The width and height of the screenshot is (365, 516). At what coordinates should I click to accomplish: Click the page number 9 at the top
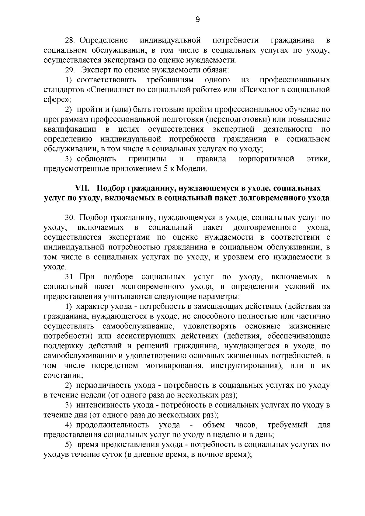click(197, 20)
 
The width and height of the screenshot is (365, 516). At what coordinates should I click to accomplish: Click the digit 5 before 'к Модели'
click(162, 169)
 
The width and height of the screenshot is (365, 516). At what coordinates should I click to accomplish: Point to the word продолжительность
click(113, 425)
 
